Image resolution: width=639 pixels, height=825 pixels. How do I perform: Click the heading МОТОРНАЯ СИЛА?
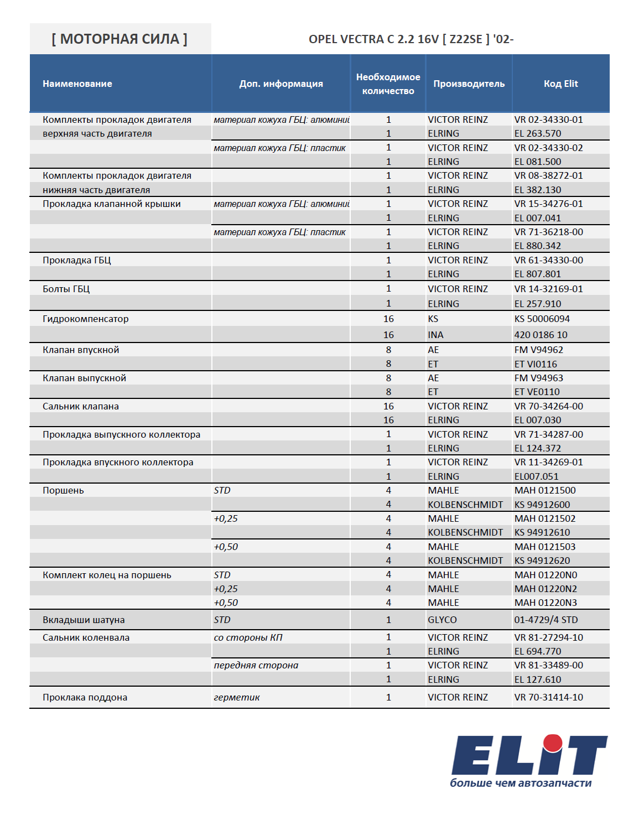coord(120,39)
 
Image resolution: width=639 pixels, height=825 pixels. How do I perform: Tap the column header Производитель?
coord(469,84)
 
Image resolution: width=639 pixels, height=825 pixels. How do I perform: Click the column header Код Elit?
coord(560,84)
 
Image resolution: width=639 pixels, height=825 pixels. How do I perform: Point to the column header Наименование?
coord(77,84)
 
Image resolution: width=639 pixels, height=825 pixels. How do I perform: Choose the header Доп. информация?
coord(281,84)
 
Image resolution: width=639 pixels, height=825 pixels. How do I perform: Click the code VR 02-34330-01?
coord(548,120)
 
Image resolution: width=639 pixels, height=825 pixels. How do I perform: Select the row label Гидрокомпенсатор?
coord(86,319)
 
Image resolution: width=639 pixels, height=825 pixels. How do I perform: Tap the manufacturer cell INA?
coord(435,335)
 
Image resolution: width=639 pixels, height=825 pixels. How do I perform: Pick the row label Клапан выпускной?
coord(85,378)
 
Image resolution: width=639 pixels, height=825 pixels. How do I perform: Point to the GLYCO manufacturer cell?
coord(442,620)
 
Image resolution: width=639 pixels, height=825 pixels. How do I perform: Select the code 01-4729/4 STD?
coord(546,620)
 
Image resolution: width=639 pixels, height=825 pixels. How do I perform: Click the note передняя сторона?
coord(256,665)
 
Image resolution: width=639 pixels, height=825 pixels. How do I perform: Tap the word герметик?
coord(237,697)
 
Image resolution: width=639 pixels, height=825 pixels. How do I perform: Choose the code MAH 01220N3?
coord(546,603)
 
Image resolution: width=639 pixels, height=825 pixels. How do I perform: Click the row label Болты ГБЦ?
coord(66,289)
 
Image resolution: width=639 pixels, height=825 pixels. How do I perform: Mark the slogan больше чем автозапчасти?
coord(521,783)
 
